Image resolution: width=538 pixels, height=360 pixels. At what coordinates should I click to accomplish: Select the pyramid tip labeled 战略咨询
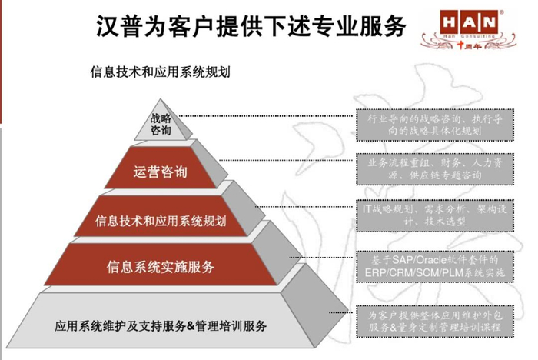click(161, 124)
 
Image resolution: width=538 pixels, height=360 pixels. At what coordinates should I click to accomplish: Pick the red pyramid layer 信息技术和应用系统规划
click(160, 222)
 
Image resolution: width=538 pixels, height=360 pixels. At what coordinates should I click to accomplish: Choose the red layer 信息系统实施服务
click(160, 267)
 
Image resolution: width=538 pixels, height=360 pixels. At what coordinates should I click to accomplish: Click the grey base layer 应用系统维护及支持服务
click(160, 325)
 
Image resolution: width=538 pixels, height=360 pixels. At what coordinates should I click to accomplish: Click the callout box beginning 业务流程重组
click(433, 169)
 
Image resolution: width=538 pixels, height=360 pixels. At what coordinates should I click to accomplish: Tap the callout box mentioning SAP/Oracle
click(433, 266)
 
